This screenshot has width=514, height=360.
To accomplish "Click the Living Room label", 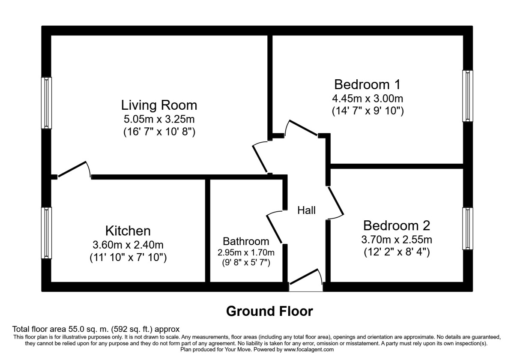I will point(159,105).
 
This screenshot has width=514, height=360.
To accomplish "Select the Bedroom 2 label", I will point(397,225).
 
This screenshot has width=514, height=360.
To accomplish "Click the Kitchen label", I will point(128,231).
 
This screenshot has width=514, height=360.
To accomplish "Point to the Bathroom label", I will point(246,241).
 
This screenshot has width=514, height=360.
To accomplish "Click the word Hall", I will point(307,210).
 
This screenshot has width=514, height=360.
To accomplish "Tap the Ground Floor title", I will point(269,311).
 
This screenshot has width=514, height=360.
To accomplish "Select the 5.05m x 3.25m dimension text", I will point(159,119).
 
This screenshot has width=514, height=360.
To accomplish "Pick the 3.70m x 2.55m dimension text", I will point(397,240).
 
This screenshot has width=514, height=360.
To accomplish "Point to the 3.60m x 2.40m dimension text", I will point(128,246).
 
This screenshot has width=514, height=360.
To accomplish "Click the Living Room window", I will point(46,103).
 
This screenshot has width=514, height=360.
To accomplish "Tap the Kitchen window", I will point(46,233).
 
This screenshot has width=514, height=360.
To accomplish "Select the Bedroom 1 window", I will point(468,96).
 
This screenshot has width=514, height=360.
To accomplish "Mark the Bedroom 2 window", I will point(468,228).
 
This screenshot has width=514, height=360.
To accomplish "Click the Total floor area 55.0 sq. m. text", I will point(96,330).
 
